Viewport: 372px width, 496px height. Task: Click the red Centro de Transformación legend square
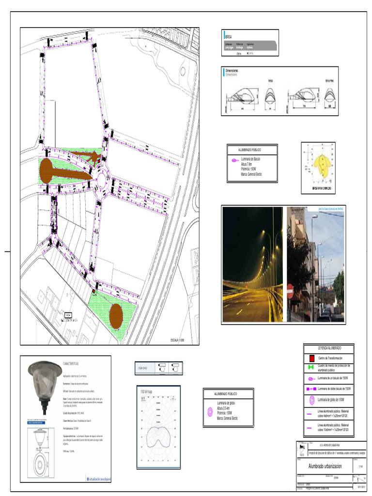tap(311, 358)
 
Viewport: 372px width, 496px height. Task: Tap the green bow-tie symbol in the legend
tap(311, 369)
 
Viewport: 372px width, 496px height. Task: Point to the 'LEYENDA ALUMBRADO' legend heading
tap(329, 348)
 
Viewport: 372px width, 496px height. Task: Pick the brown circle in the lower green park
tap(116, 315)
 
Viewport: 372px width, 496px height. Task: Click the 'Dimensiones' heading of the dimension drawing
tap(232, 71)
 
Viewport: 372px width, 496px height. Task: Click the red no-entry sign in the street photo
tap(290, 291)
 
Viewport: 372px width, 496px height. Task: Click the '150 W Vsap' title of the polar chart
tap(147, 391)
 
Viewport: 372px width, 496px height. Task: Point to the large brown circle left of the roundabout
tap(47, 170)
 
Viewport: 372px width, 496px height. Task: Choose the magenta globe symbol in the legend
tap(311, 400)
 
